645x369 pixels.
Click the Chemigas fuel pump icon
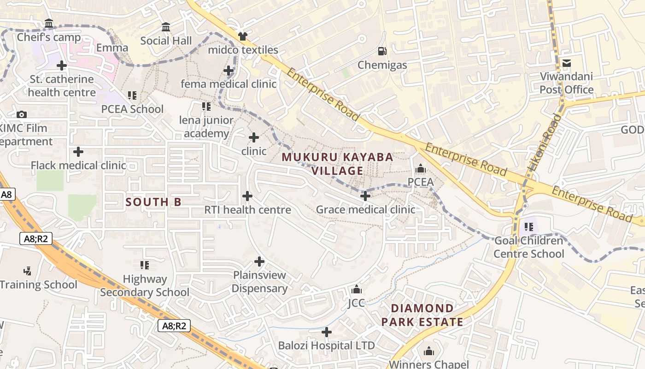pos(382,51)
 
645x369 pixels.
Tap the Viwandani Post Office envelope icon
pos(566,63)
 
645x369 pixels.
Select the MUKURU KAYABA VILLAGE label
pos(337,164)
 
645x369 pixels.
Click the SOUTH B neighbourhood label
pos(153,202)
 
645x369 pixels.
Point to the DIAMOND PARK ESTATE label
pos(422,315)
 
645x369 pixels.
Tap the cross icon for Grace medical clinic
pos(365,196)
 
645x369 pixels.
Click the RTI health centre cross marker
pos(247,196)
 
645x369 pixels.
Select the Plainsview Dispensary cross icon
pos(259,262)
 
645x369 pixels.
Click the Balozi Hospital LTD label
pos(326,345)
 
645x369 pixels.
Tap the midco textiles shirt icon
pos(243,36)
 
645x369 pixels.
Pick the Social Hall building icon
pos(166,27)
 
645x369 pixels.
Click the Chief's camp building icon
pos(49,24)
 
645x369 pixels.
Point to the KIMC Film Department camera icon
pos(21,114)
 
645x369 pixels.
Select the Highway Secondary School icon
pos(145,265)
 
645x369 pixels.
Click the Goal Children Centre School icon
pos(529,227)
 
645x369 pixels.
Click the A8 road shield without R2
pos(6,195)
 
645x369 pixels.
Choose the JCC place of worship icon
pos(356,290)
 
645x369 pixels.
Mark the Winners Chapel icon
pos(429,351)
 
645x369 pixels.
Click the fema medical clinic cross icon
pos(228,71)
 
